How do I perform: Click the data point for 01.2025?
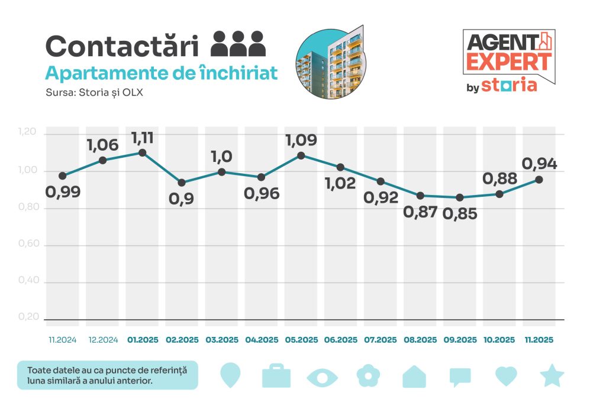[x=142, y=152]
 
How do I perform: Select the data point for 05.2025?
[x=301, y=155]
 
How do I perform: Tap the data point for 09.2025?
[x=460, y=197]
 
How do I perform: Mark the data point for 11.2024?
[x=63, y=176]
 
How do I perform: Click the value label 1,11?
[x=143, y=138]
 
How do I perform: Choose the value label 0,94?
[x=539, y=164]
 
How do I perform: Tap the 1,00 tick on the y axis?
[x=27, y=171]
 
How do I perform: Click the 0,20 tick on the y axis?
[x=27, y=317]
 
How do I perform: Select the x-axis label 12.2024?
[x=102, y=340]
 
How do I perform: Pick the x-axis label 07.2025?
[x=381, y=340]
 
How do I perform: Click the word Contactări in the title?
[x=124, y=46]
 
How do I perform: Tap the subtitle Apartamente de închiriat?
[x=162, y=73]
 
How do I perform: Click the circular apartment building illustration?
[x=330, y=63]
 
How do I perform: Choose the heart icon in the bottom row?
[x=506, y=376]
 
